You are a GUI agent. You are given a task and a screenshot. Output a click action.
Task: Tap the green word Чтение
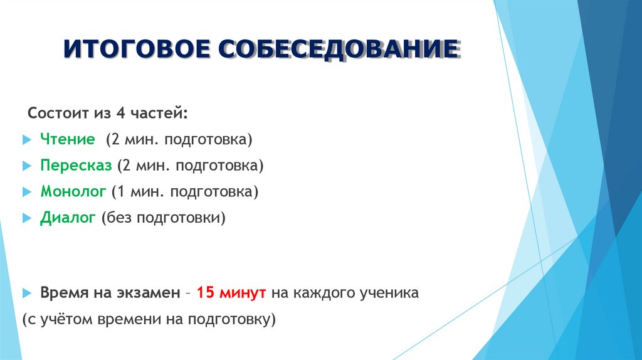(68, 139)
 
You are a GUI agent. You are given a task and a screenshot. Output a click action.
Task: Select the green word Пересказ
(76, 166)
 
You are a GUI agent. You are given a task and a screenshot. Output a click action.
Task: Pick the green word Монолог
(73, 192)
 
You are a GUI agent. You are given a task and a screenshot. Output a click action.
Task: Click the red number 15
(206, 293)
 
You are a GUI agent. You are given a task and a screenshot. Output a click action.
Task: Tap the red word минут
(243, 293)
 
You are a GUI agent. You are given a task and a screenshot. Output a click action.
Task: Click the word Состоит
(56, 114)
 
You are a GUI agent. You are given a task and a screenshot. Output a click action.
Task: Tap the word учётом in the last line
(65, 319)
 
